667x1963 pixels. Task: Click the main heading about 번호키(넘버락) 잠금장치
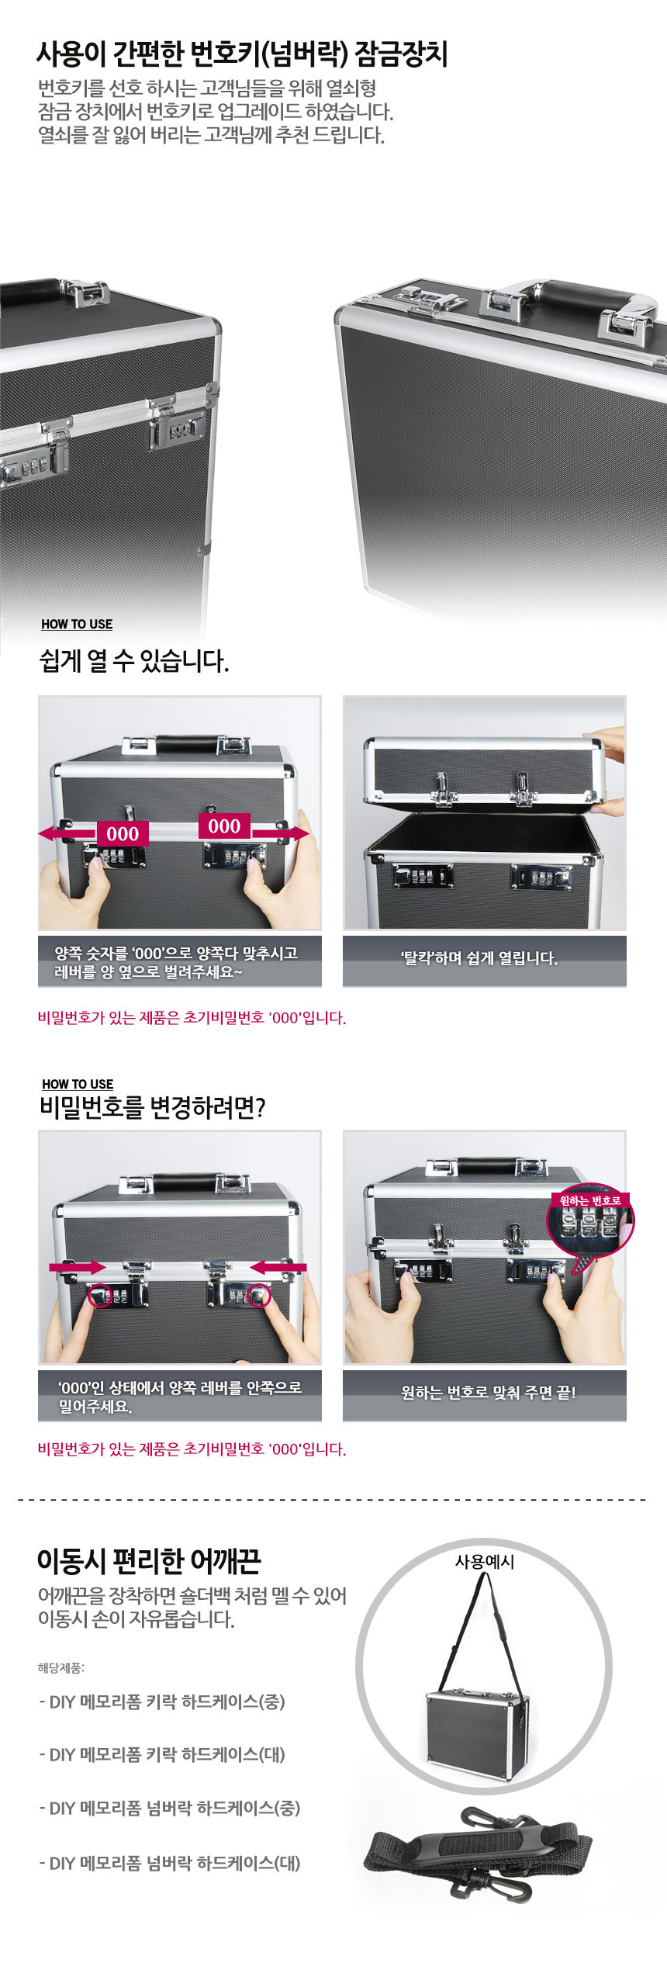tap(242, 54)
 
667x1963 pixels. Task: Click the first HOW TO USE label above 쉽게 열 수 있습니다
tap(77, 624)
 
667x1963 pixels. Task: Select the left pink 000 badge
tap(123, 834)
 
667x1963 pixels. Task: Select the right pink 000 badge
tap(224, 826)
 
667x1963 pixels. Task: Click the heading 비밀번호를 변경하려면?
tap(152, 1107)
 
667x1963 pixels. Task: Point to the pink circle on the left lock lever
tap(100, 1295)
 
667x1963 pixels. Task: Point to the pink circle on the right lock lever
tap(259, 1295)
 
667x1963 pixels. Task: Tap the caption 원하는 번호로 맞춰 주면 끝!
tap(489, 1393)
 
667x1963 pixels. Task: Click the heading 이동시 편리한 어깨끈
tap(149, 1560)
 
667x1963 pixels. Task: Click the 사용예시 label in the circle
tap(485, 1561)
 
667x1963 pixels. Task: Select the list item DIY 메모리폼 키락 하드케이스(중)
tap(162, 1702)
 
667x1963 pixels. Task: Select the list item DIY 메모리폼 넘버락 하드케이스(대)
tap(170, 1863)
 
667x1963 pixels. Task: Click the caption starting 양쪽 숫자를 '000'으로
tap(175, 962)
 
